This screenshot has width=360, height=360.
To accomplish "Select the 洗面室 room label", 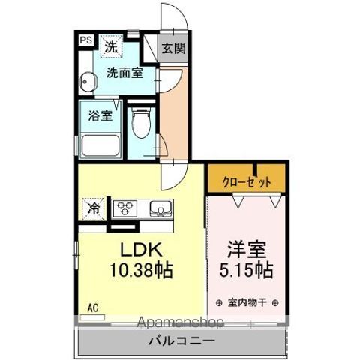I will tap(124, 73).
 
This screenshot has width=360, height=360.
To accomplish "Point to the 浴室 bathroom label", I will tap(100, 116).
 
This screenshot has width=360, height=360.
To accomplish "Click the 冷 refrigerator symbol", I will tap(95, 208).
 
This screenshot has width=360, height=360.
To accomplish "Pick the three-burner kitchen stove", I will tap(127, 208).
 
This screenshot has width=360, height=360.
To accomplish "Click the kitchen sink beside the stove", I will tap(160, 208).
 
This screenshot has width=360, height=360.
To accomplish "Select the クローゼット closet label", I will tap(246, 181).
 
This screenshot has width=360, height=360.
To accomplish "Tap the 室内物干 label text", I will tap(247, 303).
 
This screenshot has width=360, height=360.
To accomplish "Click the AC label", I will tap(93, 307).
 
